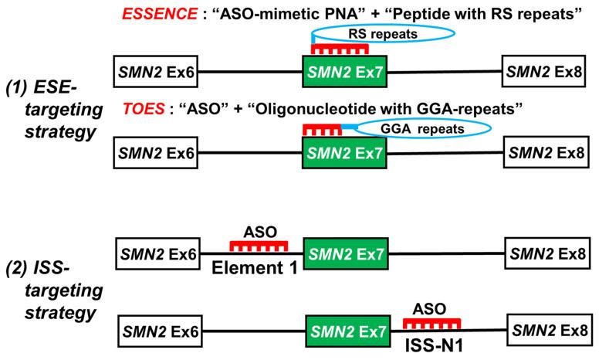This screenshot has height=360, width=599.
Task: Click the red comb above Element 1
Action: [259, 245]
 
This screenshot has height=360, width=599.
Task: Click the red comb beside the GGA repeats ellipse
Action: [322, 130]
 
